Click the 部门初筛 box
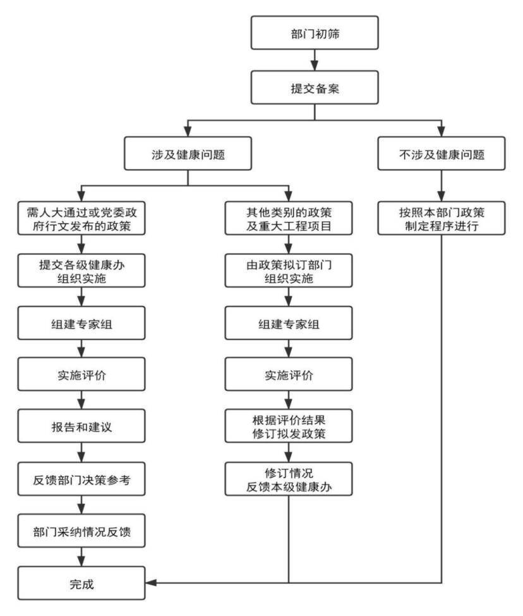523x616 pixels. pos(315,33)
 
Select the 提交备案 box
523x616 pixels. pos(315,88)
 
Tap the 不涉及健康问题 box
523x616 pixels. pos(442,153)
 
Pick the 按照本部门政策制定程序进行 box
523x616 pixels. pos(442,218)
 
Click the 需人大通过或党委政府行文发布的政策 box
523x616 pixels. pos(81,218)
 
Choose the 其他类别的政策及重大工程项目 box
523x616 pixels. pos(289,218)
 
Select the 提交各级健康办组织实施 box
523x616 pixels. pos(81,271)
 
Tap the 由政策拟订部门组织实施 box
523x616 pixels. pos(289,271)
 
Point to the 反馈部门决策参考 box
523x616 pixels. pos(81,479)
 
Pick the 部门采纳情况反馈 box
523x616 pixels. pos(81,531)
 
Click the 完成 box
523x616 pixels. pos(81,583)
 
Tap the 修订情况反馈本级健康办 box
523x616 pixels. pos(289,479)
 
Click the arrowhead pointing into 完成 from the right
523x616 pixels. pos(151,582)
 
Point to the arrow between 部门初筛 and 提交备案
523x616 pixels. pos(315,60)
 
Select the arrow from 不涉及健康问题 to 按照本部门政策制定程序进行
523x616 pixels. pos(442,186)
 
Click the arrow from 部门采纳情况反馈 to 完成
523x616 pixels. pos(81,557)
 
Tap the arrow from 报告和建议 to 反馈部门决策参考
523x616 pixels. pos(81,452)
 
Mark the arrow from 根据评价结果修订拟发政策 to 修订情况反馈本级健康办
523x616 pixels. pos(289,452)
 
